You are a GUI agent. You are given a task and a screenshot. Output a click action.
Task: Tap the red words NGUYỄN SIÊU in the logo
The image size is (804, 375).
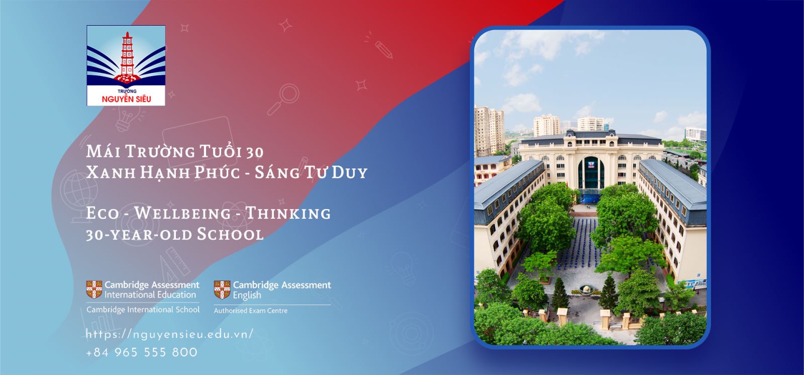[126, 99]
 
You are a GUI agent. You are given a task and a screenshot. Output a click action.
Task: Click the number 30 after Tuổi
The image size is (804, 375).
[255, 152]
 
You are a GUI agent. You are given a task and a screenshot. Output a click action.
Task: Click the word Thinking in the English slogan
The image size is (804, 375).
[288, 213]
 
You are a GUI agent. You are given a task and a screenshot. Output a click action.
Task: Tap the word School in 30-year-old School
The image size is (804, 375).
[230, 235]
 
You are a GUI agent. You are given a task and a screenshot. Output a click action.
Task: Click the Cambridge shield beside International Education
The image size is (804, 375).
[94, 290]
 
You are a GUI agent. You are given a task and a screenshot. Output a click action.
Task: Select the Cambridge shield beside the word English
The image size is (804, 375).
[222, 290]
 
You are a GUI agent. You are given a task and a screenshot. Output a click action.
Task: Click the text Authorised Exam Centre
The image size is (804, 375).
[251, 311]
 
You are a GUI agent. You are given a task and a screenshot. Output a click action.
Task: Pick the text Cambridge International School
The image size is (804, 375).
[143, 310]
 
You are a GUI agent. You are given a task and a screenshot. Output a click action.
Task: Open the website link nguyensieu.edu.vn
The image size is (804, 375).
[169, 334]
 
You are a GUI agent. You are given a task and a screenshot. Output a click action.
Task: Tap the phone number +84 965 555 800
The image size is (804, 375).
[142, 352]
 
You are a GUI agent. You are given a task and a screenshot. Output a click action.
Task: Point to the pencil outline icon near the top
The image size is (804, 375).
[383, 50]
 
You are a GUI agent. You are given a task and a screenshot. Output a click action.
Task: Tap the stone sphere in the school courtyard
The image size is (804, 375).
[586, 290]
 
